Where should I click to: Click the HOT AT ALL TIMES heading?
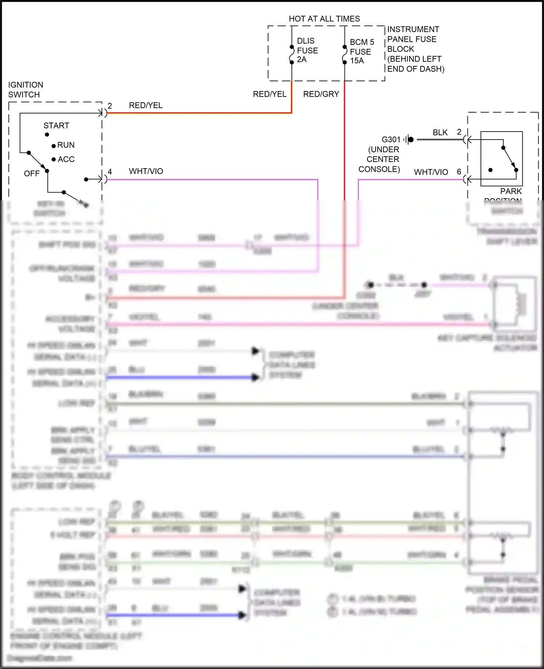click(324, 19)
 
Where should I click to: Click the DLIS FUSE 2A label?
click(307, 50)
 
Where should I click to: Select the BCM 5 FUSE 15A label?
click(361, 51)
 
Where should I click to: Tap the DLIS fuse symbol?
click(292, 55)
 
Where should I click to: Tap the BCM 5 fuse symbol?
click(345, 55)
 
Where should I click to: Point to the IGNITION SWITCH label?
click(25, 90)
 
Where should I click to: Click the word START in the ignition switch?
click(56, 126)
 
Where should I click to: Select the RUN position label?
click(66, 145)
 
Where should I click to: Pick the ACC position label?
click(66, 159)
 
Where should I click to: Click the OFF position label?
click(32, 174)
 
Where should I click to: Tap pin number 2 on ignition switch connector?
click(110, 106)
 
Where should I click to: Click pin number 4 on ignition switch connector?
click(110, 171)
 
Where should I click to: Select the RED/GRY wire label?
click(321, 94)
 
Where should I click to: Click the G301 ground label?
click(391, 140)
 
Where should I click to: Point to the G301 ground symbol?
click(409, 140)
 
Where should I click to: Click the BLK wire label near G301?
click(440, 133)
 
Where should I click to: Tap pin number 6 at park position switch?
click(459, 172)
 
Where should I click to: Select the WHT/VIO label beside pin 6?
click(431, 172)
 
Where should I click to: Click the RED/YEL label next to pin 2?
click(145, 105)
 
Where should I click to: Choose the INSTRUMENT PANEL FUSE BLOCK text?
click(415, 49)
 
